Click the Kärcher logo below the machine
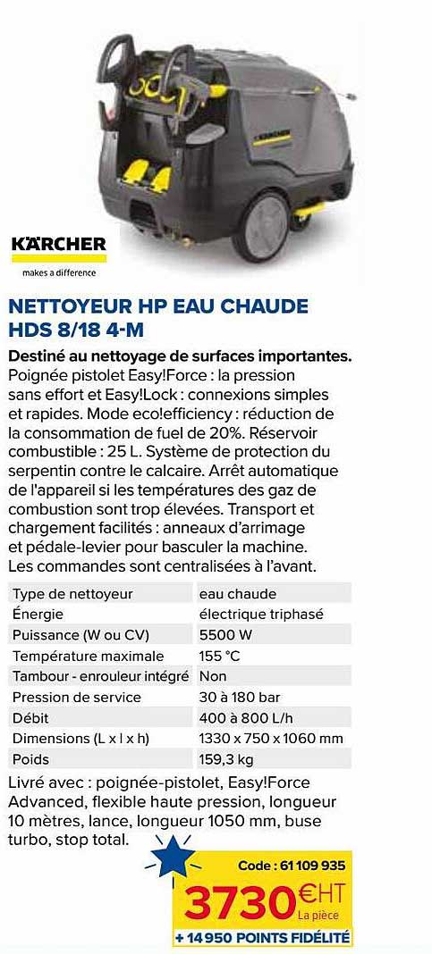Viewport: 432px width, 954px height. coord(59,244)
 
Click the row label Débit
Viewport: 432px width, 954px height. coord(30,717)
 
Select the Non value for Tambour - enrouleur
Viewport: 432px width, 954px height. coord(213,676)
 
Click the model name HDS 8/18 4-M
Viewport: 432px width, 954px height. coord(75,330)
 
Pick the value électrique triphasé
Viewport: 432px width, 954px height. coord(259,615)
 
